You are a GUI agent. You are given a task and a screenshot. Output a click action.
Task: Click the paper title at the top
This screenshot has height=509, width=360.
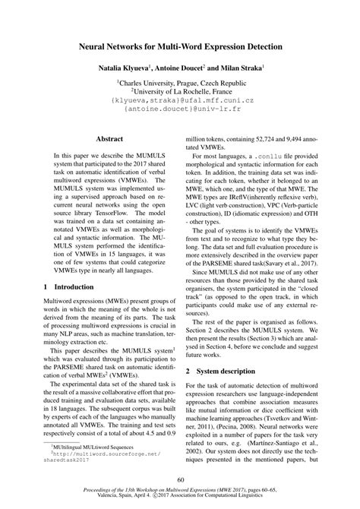180,47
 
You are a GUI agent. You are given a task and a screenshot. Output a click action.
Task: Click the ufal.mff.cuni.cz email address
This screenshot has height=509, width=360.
180,101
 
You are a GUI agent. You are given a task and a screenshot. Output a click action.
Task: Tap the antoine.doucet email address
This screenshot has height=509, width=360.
180,110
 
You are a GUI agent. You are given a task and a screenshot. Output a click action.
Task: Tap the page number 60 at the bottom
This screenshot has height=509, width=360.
180,480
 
